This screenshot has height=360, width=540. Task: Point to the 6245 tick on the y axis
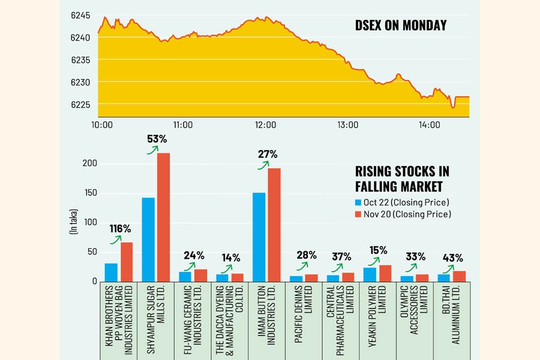click(80, 15)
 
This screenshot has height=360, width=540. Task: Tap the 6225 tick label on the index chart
click(80, 105)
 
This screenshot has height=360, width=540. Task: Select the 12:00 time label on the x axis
click(265, 125)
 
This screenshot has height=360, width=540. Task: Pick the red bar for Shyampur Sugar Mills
click(163, 217)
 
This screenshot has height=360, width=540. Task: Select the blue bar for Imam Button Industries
click(259, 237)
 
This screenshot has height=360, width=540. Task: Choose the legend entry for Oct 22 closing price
click(401, 202)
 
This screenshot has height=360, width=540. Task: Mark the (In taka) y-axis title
click(74, 222)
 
